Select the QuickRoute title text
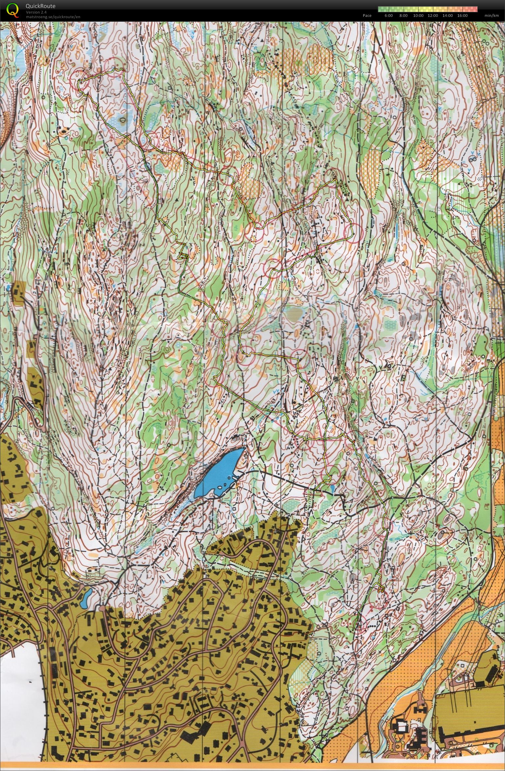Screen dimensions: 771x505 coord(40,6)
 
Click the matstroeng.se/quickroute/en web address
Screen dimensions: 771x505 coord(53,17)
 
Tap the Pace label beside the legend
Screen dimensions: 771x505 coord(367,15)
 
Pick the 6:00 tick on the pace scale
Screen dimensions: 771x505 coord(388,15)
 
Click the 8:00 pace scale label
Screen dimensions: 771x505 coord(403,15)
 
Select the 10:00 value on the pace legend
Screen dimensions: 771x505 coord(418,15)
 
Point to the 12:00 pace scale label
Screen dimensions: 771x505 coord(433,15)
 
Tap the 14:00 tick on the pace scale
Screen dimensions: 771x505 coord(448,15)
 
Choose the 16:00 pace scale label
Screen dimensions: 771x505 coord(463,15)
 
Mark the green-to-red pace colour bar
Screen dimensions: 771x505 coord(428,9)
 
